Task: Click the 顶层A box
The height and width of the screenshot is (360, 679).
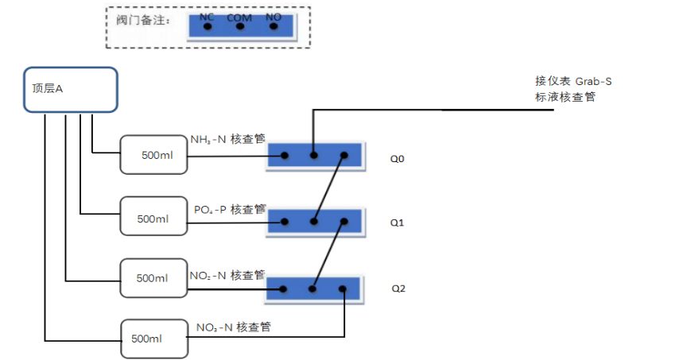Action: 69,89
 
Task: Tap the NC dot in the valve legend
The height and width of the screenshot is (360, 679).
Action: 207,26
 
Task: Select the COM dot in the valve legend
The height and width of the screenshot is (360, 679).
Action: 239,26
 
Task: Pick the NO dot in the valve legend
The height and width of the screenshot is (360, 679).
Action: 273,26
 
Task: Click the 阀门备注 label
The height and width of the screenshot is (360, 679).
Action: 138,19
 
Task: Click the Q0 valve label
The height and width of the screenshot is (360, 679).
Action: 398,159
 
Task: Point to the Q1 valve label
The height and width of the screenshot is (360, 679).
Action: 398,223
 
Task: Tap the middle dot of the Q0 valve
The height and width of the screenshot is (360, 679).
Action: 314,156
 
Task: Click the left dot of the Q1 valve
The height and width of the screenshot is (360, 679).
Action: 283,223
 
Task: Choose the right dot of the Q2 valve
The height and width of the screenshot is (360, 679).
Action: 343,289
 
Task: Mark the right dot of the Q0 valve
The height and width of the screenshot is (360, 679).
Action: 344,156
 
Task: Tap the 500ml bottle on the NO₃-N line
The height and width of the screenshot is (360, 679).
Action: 152,339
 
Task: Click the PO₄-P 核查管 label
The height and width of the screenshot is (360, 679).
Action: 230,209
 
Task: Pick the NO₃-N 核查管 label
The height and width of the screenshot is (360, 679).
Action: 233,327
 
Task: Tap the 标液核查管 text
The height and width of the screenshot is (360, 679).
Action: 565,97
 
